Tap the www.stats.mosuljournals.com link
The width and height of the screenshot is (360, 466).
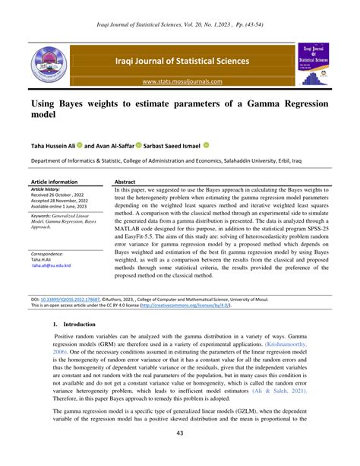click(180, 81)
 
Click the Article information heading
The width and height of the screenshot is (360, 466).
click(54, 182)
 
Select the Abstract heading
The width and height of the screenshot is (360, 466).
click(125, 182)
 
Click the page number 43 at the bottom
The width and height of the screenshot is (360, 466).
click(180, 454)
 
